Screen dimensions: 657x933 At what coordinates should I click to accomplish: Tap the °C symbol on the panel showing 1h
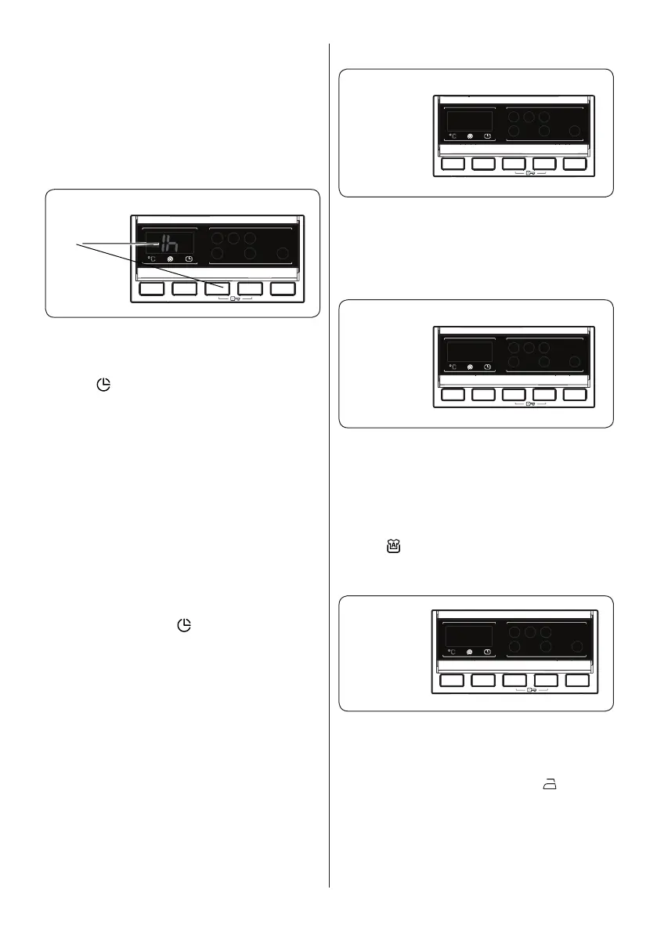point(152,259)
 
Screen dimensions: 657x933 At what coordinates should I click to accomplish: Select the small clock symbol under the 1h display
point(189,259)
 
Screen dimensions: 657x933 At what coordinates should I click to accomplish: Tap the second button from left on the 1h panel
point(186,288)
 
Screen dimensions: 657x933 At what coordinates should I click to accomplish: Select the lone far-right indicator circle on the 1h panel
point(283,253)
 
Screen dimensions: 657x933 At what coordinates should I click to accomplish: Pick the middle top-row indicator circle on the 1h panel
point(233,237)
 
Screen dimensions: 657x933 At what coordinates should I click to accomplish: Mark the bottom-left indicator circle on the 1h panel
point(217,254)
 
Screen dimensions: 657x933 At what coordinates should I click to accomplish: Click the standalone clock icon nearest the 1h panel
point(103,385)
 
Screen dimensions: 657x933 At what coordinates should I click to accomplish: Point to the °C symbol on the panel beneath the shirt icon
point(453,652)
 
